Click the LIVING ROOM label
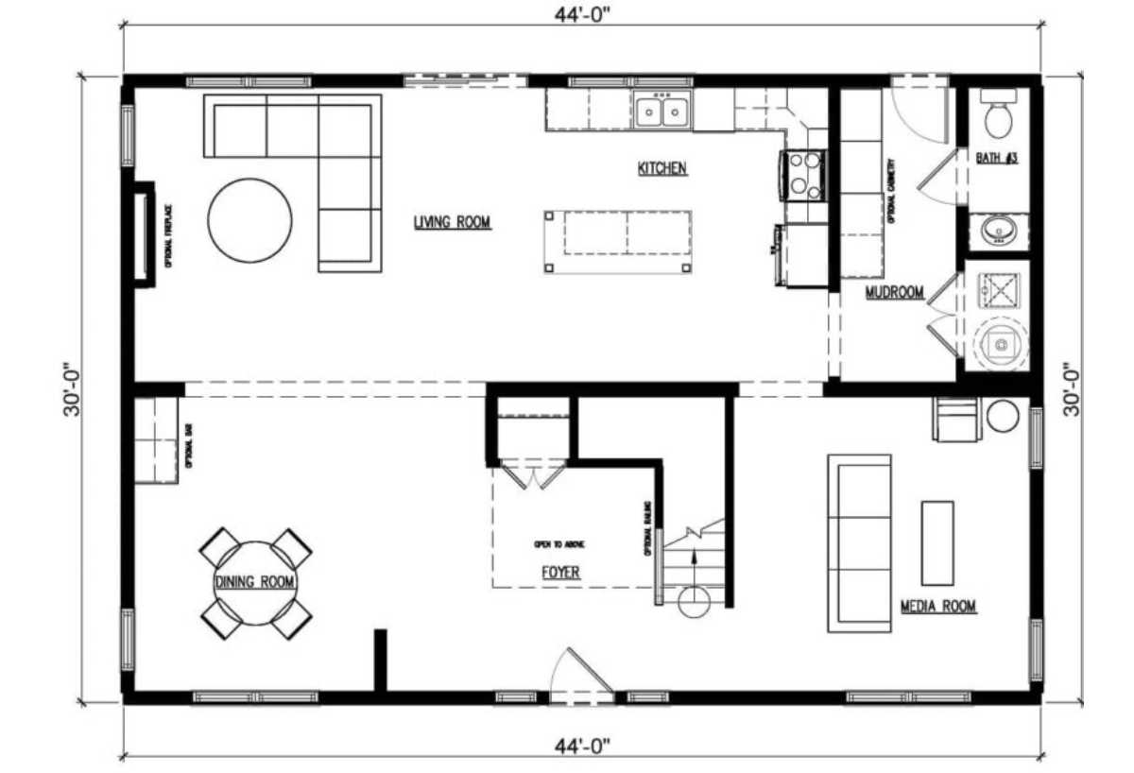click(x=452, y=223)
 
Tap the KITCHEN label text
click(x=661, y=169)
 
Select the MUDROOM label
click(x=894, y=293)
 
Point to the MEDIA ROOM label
click(x=937, y=607)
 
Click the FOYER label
click(x=560, y=573)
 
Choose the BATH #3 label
click(x=996, y=159)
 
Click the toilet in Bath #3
click(x=997, y=114)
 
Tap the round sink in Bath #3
click(x=997, y=230)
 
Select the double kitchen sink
click(x=661, y=112)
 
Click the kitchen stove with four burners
click(x=802, y=175)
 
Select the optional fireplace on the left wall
click(x=143, y=232)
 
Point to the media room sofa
click(x=859, y=543)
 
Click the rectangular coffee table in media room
click(x=937, y=542)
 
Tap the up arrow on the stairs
click(x=696, y=563)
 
